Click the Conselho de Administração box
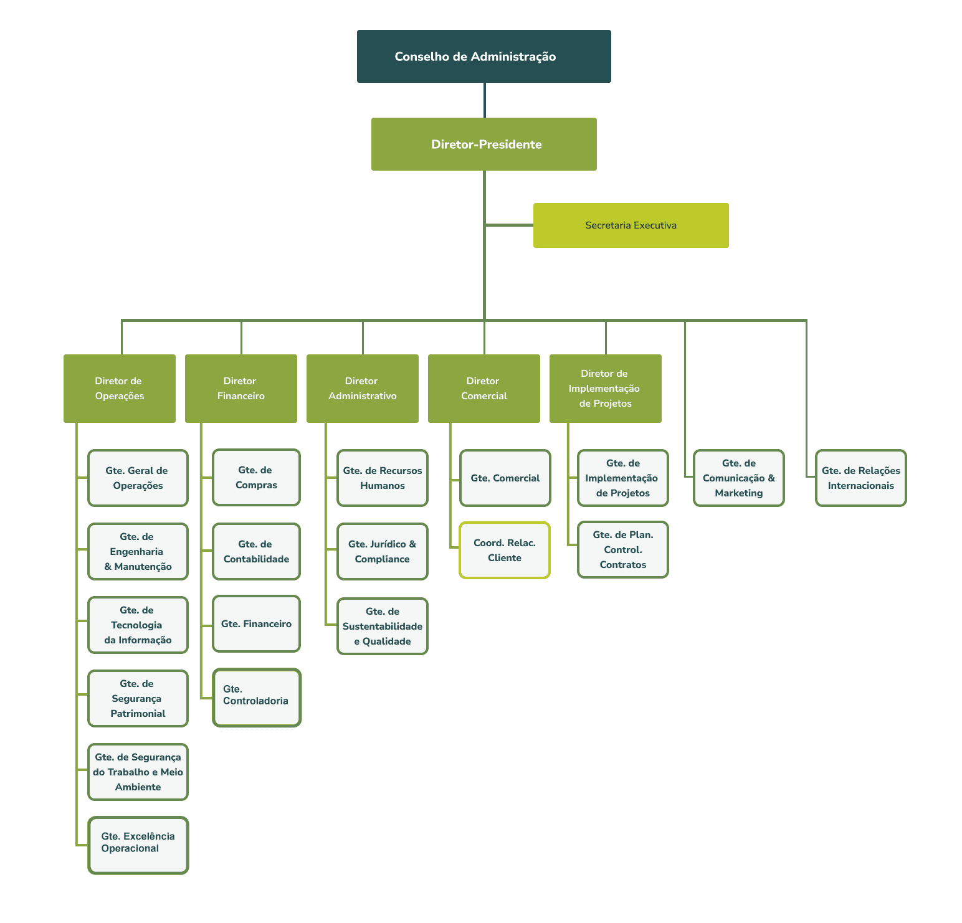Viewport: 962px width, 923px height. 483,56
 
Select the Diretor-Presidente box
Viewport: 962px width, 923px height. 483,144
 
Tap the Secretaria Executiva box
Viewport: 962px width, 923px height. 631,225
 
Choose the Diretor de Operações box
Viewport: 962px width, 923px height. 120,389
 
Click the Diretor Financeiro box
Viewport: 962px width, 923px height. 241,389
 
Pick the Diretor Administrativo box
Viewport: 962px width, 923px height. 363,389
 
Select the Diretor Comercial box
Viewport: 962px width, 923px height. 484,389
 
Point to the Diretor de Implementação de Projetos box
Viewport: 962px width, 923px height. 606,389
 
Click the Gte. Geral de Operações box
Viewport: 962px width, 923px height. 138,478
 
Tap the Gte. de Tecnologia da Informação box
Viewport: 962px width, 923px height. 138,625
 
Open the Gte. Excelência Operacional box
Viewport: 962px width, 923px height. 138,845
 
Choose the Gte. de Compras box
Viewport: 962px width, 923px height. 256,477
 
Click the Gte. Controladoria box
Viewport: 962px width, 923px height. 256,698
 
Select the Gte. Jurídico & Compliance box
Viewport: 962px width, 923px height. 383,552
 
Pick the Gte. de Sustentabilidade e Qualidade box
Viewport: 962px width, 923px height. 383,627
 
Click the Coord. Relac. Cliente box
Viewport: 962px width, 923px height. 505,551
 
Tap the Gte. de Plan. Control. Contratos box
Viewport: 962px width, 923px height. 623,550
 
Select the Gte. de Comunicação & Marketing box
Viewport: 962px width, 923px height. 739,478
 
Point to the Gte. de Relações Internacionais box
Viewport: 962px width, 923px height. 861,478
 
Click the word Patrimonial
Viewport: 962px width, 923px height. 138,714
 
